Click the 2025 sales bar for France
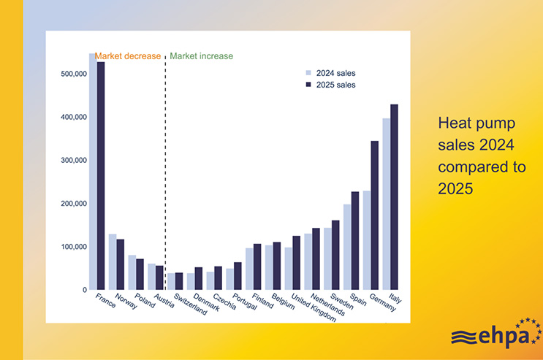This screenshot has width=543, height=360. [101, 175]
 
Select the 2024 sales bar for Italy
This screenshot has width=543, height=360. [387, 204]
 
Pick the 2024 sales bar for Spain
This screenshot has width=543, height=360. [347, 247]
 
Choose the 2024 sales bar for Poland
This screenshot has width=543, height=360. [132, 272]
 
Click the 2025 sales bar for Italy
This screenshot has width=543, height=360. [395, 197]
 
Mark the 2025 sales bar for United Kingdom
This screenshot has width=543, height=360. [297, 263]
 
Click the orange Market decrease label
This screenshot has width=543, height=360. [128, 56]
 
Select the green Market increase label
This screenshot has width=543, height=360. [201, 56]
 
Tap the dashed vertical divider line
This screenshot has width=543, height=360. [166, 175]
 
